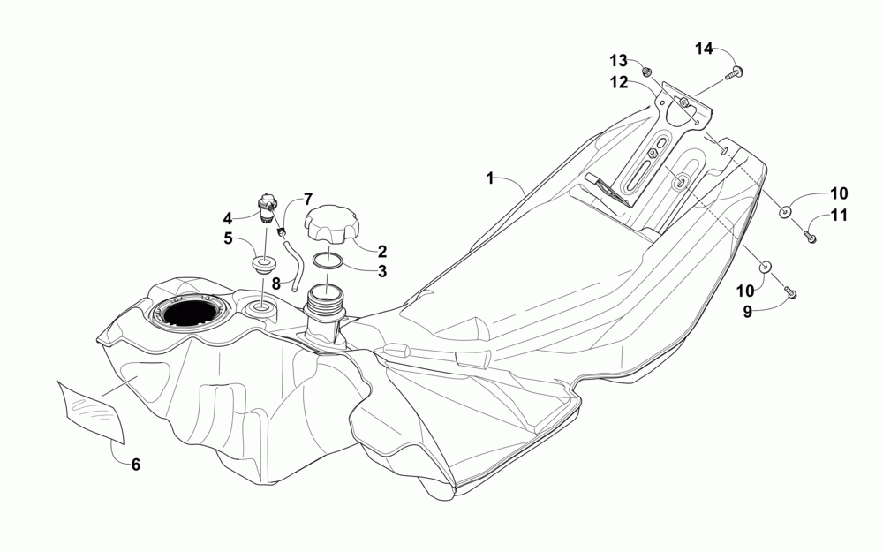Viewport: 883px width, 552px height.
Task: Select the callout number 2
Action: point(382,250)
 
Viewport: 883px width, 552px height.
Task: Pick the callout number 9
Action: point(747,312)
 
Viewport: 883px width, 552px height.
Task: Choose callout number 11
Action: point(838,216)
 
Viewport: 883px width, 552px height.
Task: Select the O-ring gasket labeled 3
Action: point(329,261)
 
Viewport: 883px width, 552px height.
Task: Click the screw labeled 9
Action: point(790,292)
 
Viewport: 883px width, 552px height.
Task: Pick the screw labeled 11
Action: point(810,236)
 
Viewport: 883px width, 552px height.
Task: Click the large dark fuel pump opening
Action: point(187,314)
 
